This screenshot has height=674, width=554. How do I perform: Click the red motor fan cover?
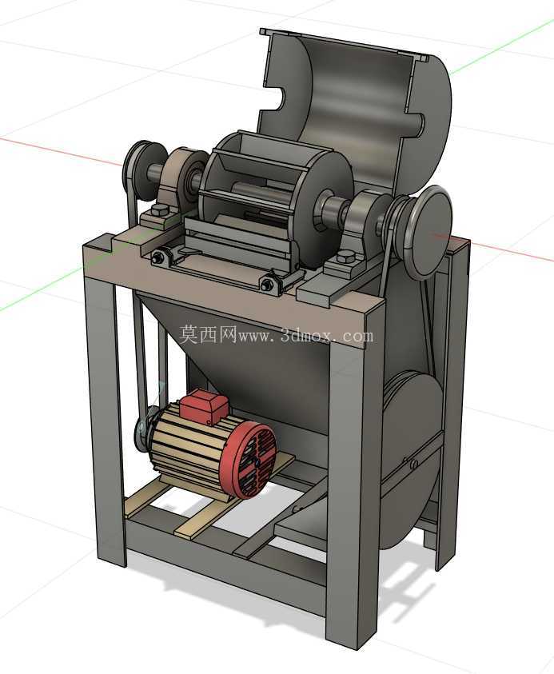[x=248, y=459]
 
